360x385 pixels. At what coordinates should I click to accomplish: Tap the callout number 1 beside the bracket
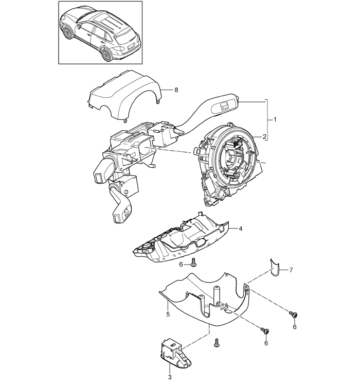(x=275, y=119)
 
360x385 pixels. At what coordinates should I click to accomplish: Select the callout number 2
(x=264, y=137)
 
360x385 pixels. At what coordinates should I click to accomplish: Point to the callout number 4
(x=240, y=229)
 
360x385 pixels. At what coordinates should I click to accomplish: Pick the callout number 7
(x=291, y=270)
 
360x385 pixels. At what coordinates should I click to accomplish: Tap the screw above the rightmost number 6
(x=294, y=315)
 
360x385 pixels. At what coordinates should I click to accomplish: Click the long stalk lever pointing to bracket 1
(x=206, y=111)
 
